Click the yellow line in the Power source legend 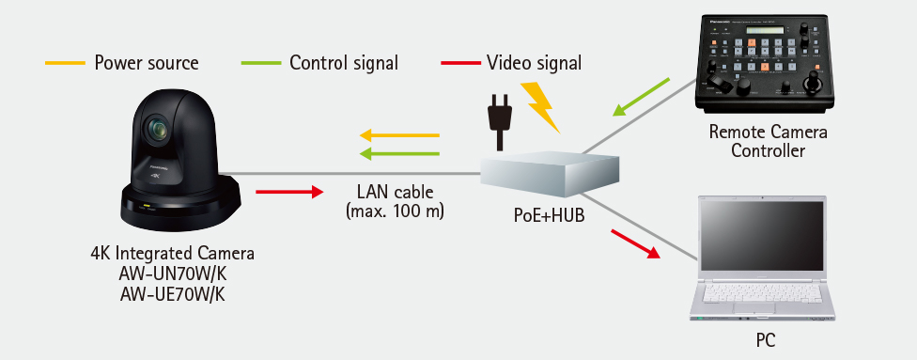coord(65,63)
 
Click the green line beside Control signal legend coord(260,63)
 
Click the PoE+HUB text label coord(549,216)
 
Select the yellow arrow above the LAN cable coord(400,135)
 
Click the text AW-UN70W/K coord(172,274)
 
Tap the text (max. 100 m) coord(395,211)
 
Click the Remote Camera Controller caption coord(767,141)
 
